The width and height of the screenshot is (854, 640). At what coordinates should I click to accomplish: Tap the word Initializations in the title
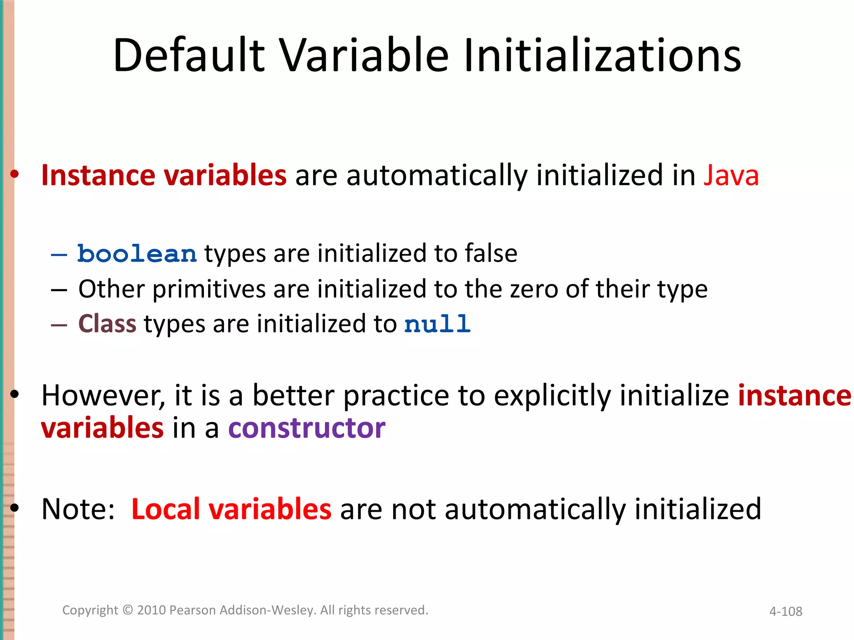pyautogui.click(x=602, y=55)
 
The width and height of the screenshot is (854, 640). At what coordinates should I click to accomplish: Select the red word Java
pyautogui.click(x=731, y=175)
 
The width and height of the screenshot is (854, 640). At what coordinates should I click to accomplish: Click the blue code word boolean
pyautogui.click(x=137, y=254)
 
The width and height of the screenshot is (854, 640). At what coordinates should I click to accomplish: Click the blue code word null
pyautogui.click(x=437, y=324)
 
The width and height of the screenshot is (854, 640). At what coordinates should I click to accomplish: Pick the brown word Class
pyautogui.click(x=107, y=324)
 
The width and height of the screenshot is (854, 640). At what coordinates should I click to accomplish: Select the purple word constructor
pyautogui.click(x=306, y=428)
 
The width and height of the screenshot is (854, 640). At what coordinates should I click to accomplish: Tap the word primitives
pyautogui.click(x=209, y=290)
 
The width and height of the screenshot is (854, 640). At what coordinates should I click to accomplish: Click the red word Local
pyautogui.click(x=166, y=509)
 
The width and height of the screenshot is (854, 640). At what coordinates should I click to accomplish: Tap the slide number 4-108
pyautogui.click(x=786, y=611)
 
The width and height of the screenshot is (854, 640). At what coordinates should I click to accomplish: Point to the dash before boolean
pyautogui.click(x=59, y=255)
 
